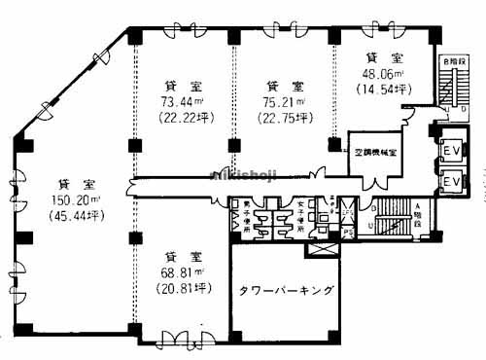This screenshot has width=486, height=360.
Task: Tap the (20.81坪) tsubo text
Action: point(183,288)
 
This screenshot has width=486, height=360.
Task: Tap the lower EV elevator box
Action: point(452,182)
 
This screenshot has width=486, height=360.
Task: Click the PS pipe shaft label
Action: point(347,233)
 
